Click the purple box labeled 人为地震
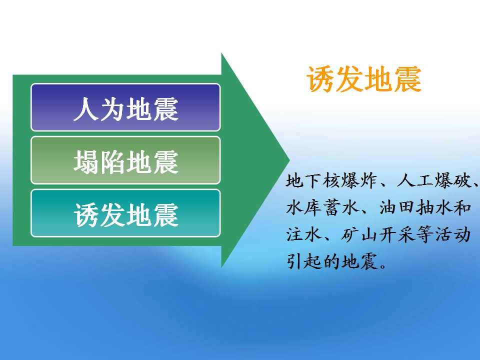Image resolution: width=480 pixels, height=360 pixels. (125, 107)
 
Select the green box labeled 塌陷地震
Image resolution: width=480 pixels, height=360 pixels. (125, 160)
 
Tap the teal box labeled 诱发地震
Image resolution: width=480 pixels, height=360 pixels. (125, 213)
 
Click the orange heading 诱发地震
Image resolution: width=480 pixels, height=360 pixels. (364, 79)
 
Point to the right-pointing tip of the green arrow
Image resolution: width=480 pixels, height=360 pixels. (289, 159)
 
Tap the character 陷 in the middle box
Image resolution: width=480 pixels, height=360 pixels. (112, 162)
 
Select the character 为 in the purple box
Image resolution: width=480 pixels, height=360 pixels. (112, 109)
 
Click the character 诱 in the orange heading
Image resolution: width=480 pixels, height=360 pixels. (320, 79)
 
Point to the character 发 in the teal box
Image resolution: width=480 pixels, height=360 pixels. (112, 215)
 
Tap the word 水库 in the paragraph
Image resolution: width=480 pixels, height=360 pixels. (303, 207)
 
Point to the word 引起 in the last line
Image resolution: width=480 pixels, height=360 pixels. (303, 261)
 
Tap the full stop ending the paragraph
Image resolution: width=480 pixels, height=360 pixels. (383, 265)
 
